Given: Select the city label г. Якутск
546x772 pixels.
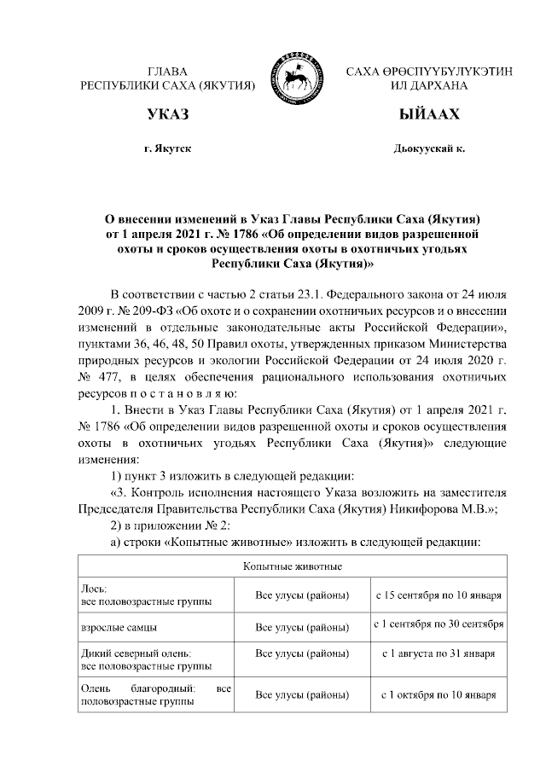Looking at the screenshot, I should point(168,148).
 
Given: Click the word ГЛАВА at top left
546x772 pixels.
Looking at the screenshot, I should point(168,72).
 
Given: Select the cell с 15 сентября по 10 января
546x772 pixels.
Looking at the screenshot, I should point(438,595).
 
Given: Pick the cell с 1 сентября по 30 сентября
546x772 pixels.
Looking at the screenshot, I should point(438,626).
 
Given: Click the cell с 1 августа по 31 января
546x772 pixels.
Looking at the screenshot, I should point(438,653).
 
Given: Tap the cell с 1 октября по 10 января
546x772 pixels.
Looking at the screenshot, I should point(438,694).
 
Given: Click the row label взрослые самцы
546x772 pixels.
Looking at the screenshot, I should point(118,627).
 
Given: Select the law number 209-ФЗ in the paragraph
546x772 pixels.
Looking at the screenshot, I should point(140,310).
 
